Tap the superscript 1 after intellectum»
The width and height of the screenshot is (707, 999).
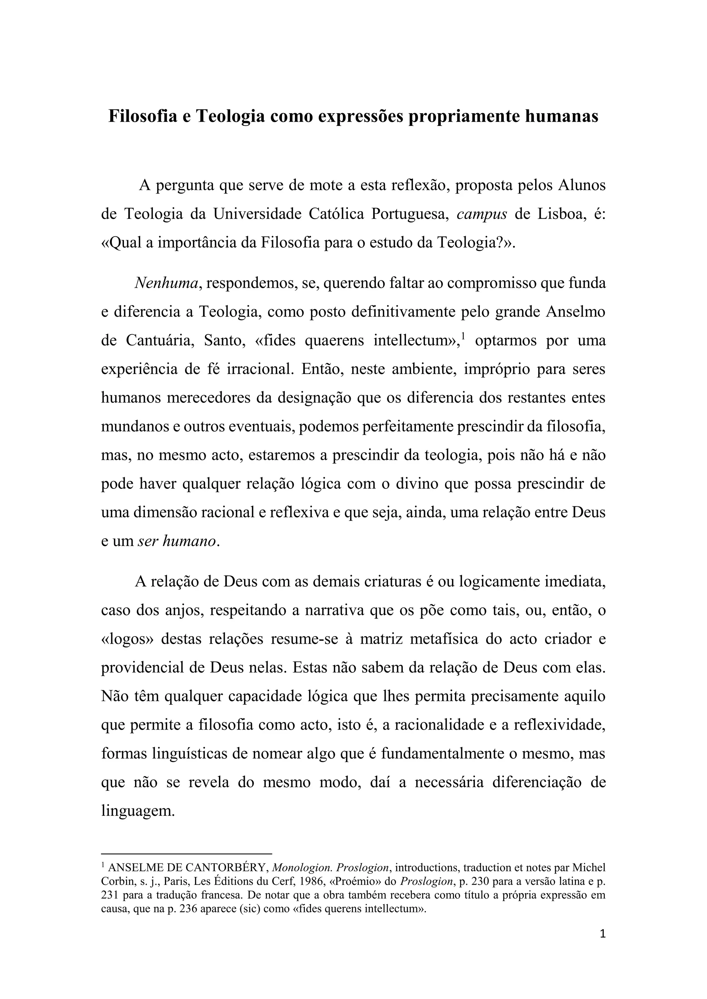click(x=464, y=336)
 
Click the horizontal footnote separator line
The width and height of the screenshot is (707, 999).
click(x=186, y=854)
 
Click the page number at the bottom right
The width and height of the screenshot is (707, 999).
click(x=602, y=934)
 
